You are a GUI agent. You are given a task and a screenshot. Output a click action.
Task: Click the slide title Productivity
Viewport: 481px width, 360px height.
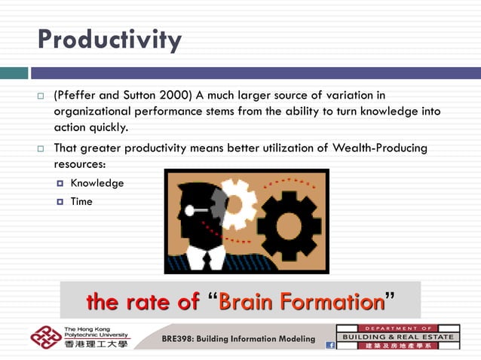[x=109, y=39]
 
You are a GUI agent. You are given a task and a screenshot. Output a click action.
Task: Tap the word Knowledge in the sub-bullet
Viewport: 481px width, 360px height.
[x=97, y=183]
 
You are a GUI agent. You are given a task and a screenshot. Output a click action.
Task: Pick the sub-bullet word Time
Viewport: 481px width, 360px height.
[x=81, y=202]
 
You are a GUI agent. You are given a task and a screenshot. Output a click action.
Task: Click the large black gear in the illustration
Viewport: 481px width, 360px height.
[x=289, y=225]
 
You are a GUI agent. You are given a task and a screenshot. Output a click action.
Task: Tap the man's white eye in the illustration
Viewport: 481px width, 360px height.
[x=189, y=211]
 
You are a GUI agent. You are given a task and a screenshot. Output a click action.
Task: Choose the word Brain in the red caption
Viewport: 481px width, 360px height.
[x=251, y=302]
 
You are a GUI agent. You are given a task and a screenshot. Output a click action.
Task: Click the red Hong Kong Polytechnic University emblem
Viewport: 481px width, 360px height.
[x=45, y=337]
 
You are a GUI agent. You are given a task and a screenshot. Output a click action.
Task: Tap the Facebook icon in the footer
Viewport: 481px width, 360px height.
[x=329, y=345]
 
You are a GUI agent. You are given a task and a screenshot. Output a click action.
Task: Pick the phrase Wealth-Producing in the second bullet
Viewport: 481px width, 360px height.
[x=384, y=148]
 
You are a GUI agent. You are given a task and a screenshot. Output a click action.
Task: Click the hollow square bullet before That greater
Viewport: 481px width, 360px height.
[x=40, y=148]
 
